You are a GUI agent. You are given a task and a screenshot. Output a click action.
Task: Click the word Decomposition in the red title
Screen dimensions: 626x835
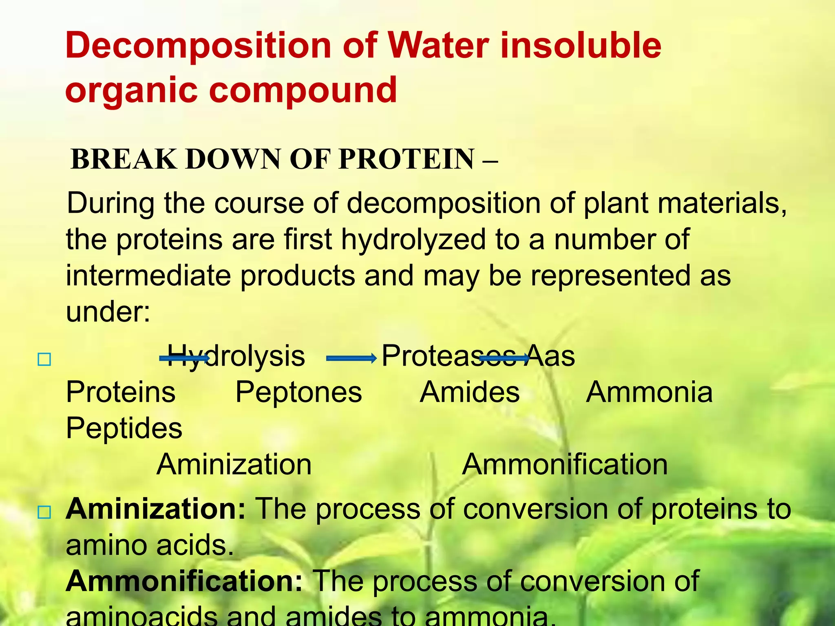198,46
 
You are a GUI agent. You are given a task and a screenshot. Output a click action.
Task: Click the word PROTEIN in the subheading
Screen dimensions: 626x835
406,159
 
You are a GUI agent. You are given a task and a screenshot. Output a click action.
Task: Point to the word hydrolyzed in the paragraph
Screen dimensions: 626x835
413,240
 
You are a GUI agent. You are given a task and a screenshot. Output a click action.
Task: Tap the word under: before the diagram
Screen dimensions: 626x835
108,312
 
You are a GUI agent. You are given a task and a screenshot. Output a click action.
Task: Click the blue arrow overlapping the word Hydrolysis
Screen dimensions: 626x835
184,358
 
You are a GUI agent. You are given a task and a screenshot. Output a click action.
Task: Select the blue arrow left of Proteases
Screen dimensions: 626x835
351,359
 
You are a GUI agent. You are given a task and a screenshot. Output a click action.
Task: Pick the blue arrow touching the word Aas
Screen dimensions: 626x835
504,358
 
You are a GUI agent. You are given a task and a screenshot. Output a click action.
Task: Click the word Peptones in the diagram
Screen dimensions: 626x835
298,392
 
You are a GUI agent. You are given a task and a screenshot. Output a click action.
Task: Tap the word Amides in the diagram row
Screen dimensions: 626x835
470,392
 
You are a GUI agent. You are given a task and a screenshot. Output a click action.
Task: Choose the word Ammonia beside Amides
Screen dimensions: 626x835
649,392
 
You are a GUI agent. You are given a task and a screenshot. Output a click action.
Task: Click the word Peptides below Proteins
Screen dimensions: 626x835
124,428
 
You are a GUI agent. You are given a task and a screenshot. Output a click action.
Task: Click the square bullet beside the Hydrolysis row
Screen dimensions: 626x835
44,359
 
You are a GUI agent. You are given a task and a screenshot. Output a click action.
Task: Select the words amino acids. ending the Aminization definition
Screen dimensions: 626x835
150,545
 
